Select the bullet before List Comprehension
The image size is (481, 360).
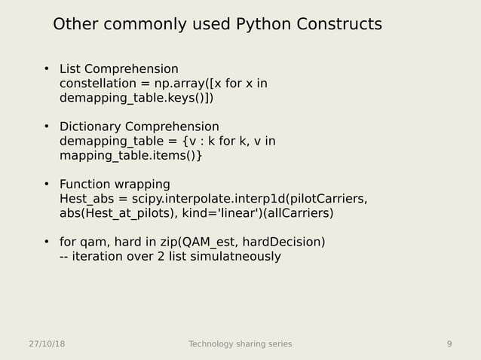pos(46,70)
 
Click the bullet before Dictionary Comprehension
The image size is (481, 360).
pos(46,127)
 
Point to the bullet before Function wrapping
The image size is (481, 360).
pos(46,185)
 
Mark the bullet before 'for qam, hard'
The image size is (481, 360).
pos(46,242)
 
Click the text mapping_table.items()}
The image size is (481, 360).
pos(130,155)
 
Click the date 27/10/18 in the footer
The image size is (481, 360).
pos(46,344)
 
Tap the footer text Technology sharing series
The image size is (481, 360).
pos(240,344)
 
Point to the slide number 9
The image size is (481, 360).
pos(449,344)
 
